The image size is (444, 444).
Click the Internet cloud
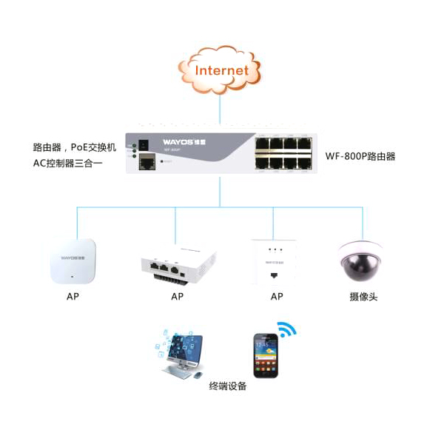(x=221, y=70)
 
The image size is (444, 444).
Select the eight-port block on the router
(x=283, y=152)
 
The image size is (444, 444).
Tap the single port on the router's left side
(x=147, y=162)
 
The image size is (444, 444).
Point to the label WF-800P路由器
(x=360, y=156)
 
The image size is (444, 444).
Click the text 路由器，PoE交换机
(x=75, y=147)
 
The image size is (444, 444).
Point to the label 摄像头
(x=363, y=297)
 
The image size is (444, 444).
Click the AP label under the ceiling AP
(x=72, y=297)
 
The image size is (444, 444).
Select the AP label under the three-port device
(x=177, y=297)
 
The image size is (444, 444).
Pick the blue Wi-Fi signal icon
(x=285, y=329)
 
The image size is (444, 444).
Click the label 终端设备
(x=228, y=386)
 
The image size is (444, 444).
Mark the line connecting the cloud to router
(x=220, y=111)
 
